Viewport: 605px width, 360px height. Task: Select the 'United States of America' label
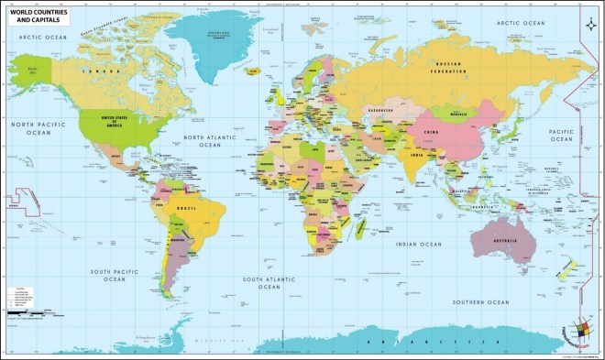click(115, 124)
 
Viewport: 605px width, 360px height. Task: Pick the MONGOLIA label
click(445, 114)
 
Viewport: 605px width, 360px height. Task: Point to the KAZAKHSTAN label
click(380, 111)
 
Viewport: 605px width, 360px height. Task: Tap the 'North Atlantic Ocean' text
click(210, 141)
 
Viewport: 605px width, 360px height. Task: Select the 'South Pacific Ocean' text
click(115, 275)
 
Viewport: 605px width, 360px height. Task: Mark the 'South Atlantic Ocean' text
click(267, 281)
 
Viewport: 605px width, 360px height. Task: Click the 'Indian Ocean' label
click(419, 245)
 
